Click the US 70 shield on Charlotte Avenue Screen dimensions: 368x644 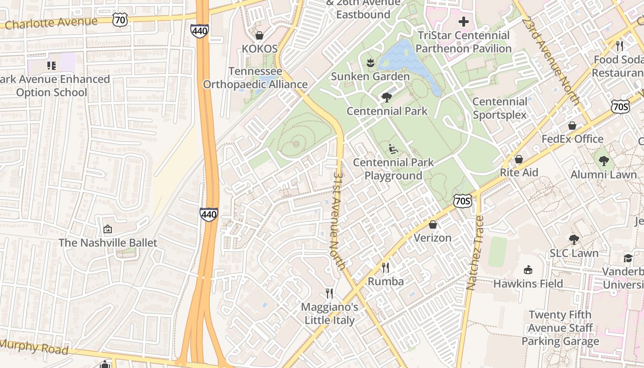[120, 19]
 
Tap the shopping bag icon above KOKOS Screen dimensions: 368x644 [259, 35]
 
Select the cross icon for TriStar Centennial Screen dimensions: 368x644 [463, 22]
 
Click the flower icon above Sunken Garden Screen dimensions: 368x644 [370, 63]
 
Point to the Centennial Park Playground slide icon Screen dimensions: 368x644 [393, 149]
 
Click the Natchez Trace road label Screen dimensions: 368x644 [475, 253]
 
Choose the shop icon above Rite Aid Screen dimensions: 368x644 [518, 159]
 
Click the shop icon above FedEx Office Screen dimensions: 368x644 [572, 126]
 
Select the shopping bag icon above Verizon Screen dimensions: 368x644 [432, 224]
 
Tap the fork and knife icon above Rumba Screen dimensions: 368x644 [385, 268]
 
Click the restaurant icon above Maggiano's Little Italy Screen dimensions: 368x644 [329, 293]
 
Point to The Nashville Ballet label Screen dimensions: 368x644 [108, 242]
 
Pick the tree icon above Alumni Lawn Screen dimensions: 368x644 [604, 161]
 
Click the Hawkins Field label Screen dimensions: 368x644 [528, 283]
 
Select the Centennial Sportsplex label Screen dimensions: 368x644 [500, 108]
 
